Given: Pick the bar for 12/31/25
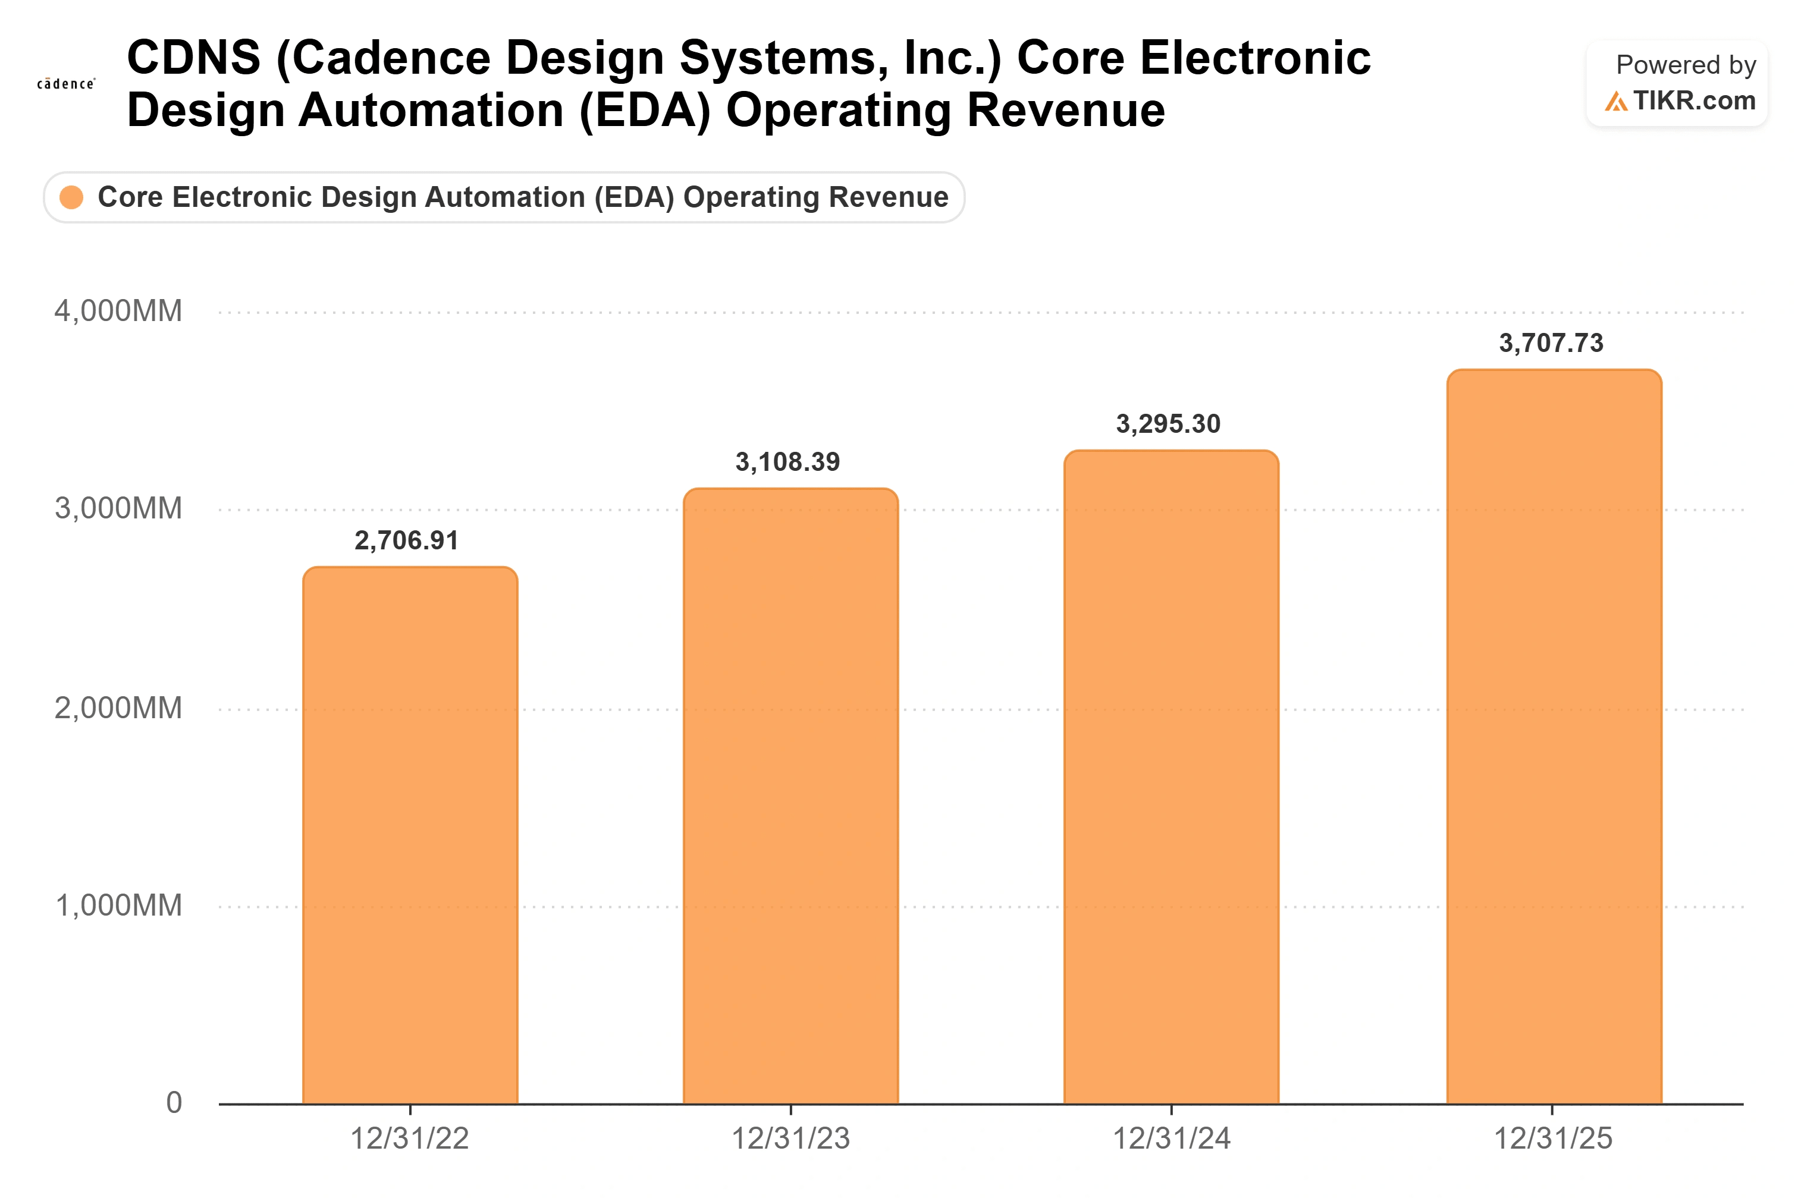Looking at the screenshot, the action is pos(1554,737).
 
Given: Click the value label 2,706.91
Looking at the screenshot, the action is pos(406,541).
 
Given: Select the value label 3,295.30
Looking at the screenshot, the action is pos(1168,423).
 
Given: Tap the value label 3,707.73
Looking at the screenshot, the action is pos(1551,343).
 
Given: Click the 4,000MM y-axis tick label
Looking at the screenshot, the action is pos(118,311).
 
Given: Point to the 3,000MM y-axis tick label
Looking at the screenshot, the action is pos(118,508).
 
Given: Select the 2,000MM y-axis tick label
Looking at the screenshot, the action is pos(118,708).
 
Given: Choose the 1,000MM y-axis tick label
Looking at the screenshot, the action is pos(118,905).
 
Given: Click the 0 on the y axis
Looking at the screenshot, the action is pos(174,1102).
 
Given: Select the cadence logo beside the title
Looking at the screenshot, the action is pos(67,83).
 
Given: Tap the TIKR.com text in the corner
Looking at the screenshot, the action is pos(1694,100).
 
